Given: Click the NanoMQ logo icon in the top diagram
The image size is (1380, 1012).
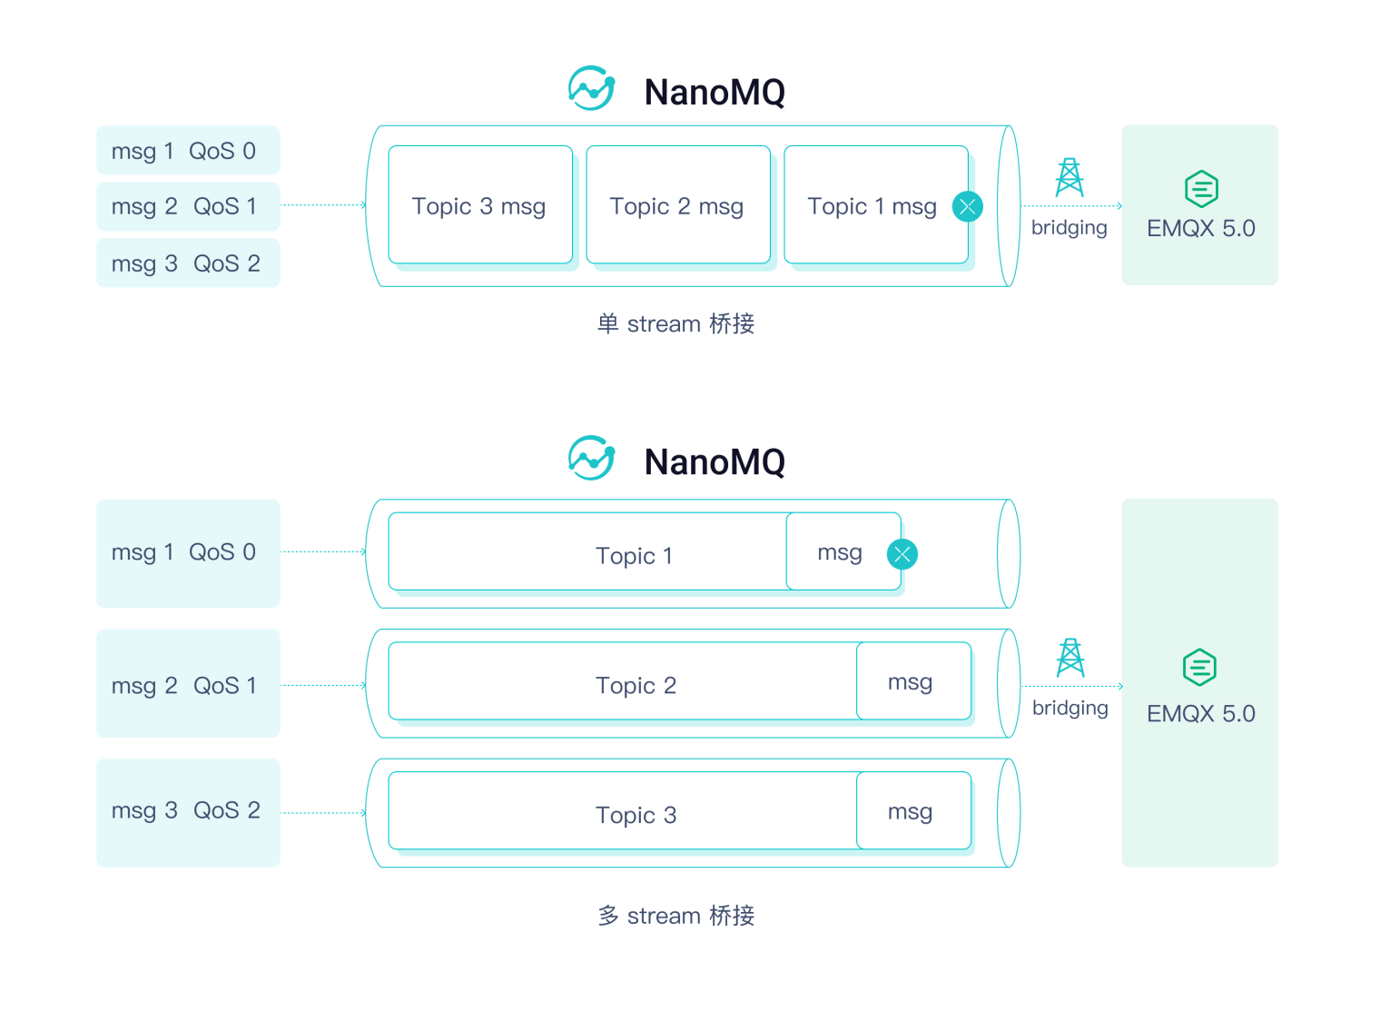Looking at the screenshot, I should tap(591, 89).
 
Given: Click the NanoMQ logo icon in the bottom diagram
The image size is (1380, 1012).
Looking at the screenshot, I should tap(591, 459).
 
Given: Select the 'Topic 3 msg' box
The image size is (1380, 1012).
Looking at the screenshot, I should tap(479, 205).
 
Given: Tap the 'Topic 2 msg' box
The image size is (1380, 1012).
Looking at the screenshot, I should tap(677, 205).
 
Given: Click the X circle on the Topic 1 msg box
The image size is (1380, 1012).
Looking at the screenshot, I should tap(967, 206).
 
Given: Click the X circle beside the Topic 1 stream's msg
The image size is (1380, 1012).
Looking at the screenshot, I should tap(902, 554).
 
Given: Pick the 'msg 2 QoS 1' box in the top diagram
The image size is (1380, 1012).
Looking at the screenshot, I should tap(187, 206).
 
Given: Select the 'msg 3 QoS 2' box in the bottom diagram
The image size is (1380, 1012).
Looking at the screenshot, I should tap(187, 811).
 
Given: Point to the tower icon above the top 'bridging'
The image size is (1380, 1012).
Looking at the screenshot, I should tap(1069, 177).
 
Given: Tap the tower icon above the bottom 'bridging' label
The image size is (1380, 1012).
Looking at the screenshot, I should tap(1070, 657).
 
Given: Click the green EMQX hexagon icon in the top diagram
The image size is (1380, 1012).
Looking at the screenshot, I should tap(1200, 189).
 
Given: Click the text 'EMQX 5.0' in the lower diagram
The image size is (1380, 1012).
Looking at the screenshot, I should tap(1200, 713).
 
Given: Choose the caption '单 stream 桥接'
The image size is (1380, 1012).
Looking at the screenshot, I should tap(675, 323).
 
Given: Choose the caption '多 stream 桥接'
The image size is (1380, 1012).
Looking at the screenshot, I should tap(675, 915).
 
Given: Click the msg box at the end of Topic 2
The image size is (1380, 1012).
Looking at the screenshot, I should tap(912, 681).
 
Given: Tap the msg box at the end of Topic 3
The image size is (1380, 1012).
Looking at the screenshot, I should tap(912, 811).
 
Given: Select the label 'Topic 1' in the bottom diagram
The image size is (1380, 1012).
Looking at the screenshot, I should tap(634, 556).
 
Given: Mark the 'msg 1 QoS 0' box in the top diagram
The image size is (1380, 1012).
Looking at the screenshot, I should tap(187, 151).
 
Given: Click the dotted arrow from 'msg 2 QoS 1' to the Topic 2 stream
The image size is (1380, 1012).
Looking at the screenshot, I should tap(322, 685).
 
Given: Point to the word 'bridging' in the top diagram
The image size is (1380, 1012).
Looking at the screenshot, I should tap(1069, 227).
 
